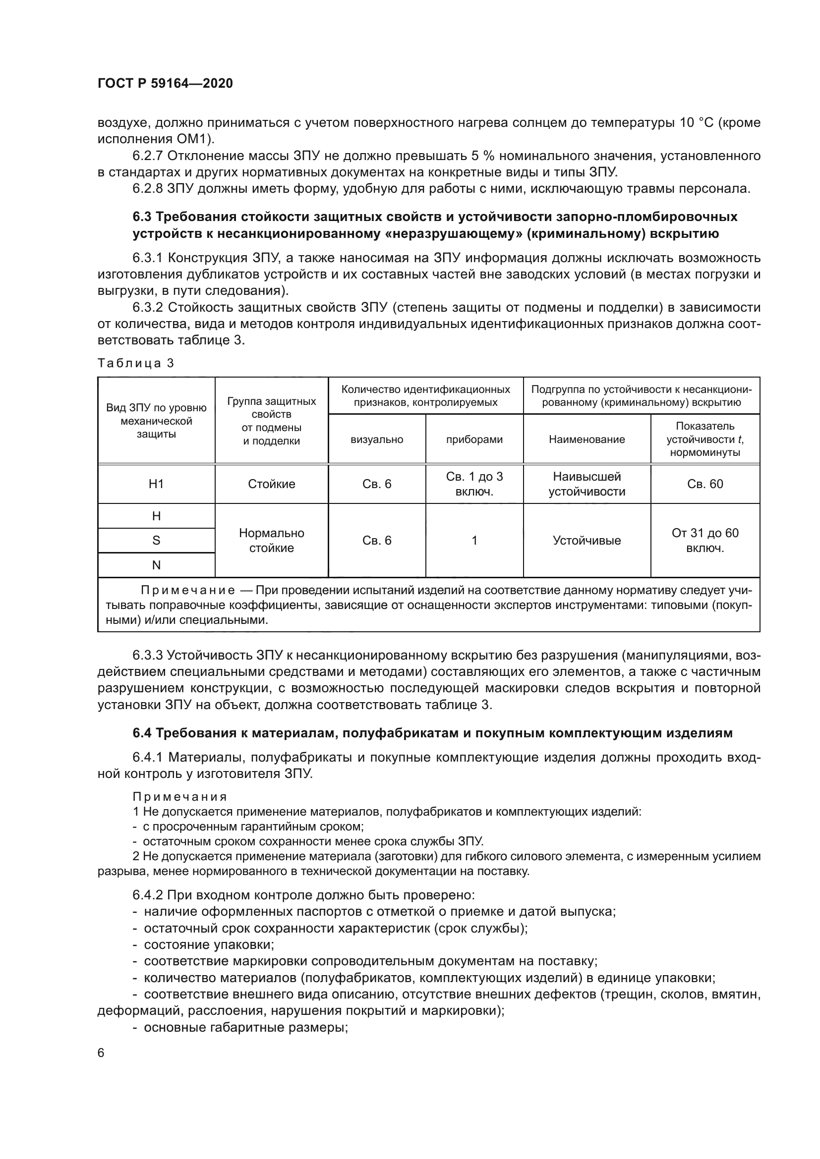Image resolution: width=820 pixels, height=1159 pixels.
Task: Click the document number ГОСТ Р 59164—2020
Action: [x=165, y=83]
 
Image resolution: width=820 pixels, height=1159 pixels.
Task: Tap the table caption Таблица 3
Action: [x=135, y=363]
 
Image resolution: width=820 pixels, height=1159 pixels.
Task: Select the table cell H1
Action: [x=156, y=484]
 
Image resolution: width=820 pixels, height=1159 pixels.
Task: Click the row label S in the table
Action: [x=156, y=541]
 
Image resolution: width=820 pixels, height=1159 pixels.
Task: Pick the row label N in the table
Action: [x=156, y=565]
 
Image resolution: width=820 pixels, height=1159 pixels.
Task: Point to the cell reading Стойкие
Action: [x=271, y=484]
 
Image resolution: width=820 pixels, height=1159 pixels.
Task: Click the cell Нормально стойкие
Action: [x=271, y=541]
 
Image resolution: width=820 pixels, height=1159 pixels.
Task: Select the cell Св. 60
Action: [x=705, y=484]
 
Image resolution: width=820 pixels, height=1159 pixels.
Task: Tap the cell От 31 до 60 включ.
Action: [x=705, y=541]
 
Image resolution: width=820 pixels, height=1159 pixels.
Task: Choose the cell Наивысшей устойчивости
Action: [x=586, y=484]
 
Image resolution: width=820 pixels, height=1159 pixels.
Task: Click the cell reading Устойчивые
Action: [x=586, y=541]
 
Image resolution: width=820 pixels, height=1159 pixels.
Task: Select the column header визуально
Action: [x=377, y=440]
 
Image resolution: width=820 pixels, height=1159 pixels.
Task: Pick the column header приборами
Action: [x=474, y=440]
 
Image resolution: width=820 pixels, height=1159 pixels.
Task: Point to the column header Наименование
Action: [x=586, y=440]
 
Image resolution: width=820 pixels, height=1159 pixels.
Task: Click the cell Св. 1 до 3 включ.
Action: [x=474, y=484]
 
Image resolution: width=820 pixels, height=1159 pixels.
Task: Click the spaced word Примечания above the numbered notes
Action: [x=180, y=797]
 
